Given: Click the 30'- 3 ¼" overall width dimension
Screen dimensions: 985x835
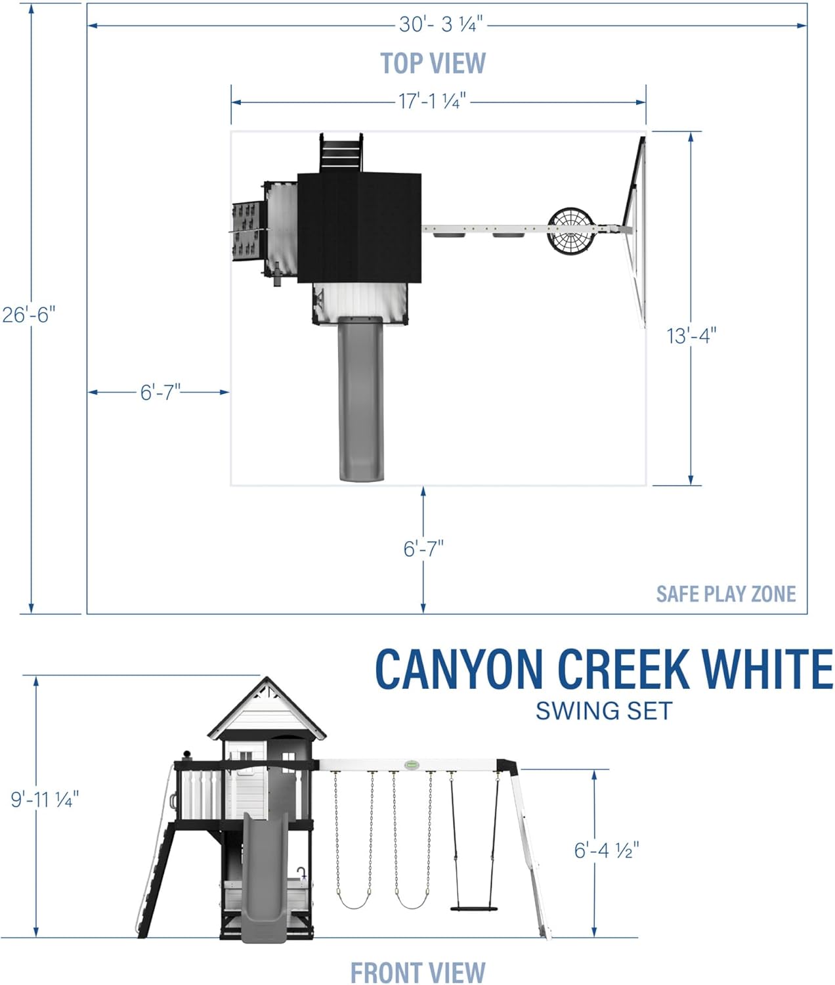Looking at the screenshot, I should coord(440,25).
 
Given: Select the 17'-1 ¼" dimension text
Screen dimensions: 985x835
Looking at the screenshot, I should coord(433,102).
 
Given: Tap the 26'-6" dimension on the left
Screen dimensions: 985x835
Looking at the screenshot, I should coord(28,315).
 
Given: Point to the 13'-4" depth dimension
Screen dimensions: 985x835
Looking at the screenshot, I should coord(691,336).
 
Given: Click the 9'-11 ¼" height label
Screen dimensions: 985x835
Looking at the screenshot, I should coord(45,799).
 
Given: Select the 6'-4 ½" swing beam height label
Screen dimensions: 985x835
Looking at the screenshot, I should coord(606,850).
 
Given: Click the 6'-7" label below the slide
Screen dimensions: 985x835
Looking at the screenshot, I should coord(423,548).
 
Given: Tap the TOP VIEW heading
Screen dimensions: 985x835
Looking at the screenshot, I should coord(433,63).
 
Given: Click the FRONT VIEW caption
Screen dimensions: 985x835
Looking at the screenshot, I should coord(417,973).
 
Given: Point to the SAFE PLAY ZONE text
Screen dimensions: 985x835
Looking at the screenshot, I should coord(725,594).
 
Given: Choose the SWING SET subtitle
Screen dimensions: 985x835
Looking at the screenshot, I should coord(604,711).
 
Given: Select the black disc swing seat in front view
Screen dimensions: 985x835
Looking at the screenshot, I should coord(473,909).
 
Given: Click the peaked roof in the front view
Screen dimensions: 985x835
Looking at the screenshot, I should coord(267,709).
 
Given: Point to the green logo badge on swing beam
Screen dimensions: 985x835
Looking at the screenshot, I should coord(412,764).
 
